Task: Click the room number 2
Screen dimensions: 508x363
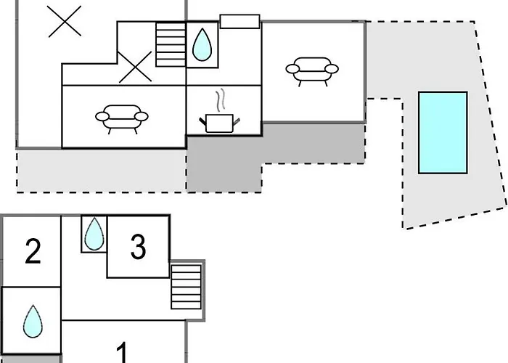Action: point(33,251)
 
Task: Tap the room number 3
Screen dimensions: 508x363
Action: point(139,247)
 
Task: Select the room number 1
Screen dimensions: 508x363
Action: point(122,353)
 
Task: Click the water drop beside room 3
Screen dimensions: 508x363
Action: point(94,234)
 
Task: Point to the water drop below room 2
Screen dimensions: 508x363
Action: point(33,321)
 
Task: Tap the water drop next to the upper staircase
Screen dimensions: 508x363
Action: point(202,44)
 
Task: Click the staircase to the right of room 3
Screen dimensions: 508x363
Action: point(187,287)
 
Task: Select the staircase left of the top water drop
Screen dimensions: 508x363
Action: point(171,44)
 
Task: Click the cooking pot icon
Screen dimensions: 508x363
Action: point(219,123)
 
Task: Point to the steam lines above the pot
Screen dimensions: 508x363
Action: point(220,99)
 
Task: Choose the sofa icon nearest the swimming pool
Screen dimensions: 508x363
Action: point(312,72)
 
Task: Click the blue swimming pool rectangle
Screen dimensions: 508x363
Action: point(443,133)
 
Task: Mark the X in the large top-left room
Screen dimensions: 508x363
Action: point(65,21)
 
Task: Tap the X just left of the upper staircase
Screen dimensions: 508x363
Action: point(135,67)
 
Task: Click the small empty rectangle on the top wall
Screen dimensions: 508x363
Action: point(239,21)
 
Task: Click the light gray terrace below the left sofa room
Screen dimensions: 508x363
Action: point(102,171)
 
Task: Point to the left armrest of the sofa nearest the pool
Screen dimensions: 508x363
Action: point(292,69)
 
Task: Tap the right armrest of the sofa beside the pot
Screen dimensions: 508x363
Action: point(142,116)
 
